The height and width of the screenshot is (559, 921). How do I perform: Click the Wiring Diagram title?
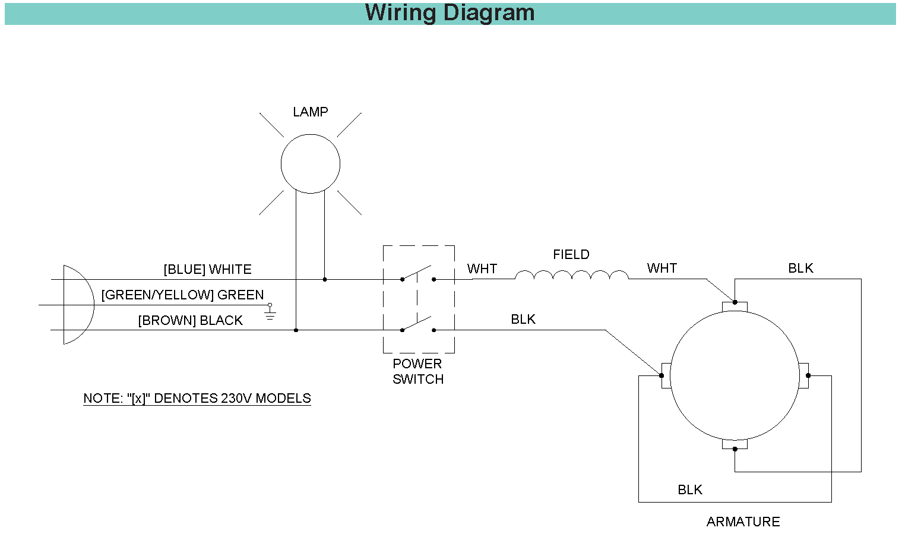pos(450,13)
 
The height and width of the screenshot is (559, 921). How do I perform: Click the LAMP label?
pos(310,112)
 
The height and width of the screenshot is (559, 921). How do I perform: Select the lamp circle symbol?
pos(310,163)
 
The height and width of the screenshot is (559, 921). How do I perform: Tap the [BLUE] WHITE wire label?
pos(207,270)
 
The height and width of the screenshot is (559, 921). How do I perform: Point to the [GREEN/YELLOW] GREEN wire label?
pos(182,295)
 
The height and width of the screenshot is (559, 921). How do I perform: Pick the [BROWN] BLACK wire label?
pos(190,321)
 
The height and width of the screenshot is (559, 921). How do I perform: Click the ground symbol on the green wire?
pos(270,313)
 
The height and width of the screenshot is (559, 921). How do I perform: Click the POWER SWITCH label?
pos(417,371)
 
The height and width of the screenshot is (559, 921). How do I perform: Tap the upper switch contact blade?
pos(417,273)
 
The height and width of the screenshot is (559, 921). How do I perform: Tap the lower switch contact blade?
pos(417,324)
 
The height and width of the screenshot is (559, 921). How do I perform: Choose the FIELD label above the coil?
pos(571,255)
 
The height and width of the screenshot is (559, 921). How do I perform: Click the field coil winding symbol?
pos(571,275)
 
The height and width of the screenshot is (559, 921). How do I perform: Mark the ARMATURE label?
pos(743,522)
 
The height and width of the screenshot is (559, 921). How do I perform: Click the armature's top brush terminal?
pos(735,306)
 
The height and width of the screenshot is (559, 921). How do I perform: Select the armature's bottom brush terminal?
pos(735,444)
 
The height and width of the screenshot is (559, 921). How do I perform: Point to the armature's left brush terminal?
pos(666,375)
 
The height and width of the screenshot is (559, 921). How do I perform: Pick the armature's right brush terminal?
pos(803,375)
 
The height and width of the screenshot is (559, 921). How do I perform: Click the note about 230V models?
pos(197,399)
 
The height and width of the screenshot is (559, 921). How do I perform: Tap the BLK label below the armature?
pos(689,490)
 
